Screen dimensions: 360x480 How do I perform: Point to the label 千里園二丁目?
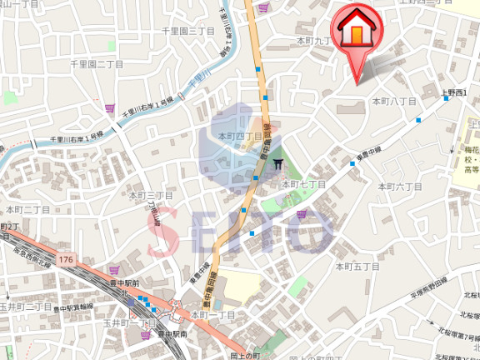(96, 63)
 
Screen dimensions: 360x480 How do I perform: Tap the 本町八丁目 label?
(393, 101)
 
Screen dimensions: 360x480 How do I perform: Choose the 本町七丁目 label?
(303, 184)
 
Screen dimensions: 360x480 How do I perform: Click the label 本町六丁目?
(402, 187)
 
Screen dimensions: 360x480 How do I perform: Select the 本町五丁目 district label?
(357, 267)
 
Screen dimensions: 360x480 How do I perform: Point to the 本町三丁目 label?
(150, 196)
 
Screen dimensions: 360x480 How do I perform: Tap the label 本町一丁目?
(213, 315)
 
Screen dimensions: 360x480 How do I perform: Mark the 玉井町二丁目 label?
(25, 307)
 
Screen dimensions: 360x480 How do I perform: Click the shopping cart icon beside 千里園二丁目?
(109, 107)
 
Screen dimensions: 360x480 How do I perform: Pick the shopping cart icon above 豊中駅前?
(114, 270)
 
